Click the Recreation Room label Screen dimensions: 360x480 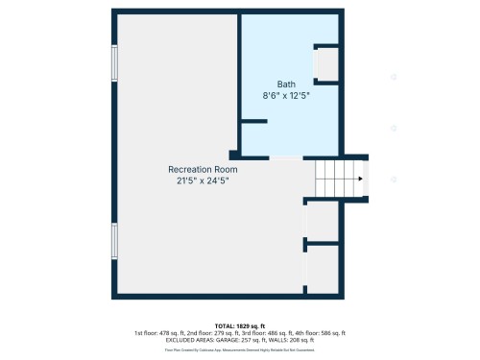point(203,168)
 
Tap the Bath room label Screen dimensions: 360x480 point(286,84)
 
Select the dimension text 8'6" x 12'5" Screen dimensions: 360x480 point(286,95)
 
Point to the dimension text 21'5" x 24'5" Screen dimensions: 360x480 point(203,180)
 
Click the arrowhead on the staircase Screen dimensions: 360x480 point(360,179)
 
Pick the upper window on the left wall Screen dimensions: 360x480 point(114,63)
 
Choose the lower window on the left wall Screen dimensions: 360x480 point(114,241)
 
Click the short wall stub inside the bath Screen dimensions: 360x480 point(253,121)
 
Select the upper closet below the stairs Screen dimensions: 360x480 point(323,222)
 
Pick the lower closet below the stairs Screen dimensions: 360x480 point(323,270)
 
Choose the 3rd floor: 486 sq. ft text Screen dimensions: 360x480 point(266,332)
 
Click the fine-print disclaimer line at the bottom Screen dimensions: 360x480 point(240,349)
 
